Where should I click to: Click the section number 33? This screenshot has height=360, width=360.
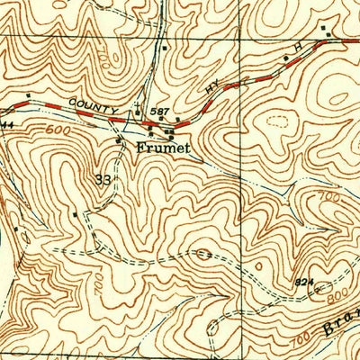point(104,180)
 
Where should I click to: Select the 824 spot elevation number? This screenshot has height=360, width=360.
point(304,282)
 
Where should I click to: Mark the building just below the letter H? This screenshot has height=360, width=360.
point(286,58)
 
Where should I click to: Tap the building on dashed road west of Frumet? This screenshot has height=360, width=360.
point(119,140)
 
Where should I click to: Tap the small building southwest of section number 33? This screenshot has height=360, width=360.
point(75,215)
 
